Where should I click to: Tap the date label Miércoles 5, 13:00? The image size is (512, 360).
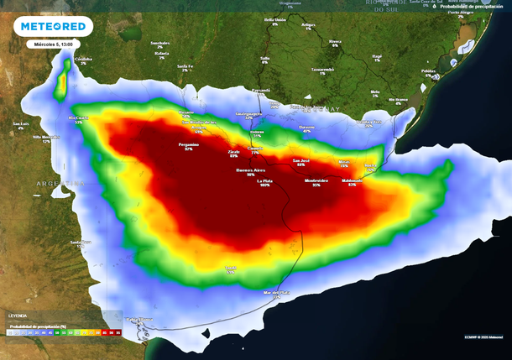pos(48,44)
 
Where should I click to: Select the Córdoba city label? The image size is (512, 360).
pos(83,59)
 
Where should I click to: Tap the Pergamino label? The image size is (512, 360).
pos(189,144)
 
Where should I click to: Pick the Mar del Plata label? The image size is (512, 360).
pos(277,292)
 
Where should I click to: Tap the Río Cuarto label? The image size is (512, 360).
pos(78,118)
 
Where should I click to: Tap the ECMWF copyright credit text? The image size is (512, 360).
pos(482,337)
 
